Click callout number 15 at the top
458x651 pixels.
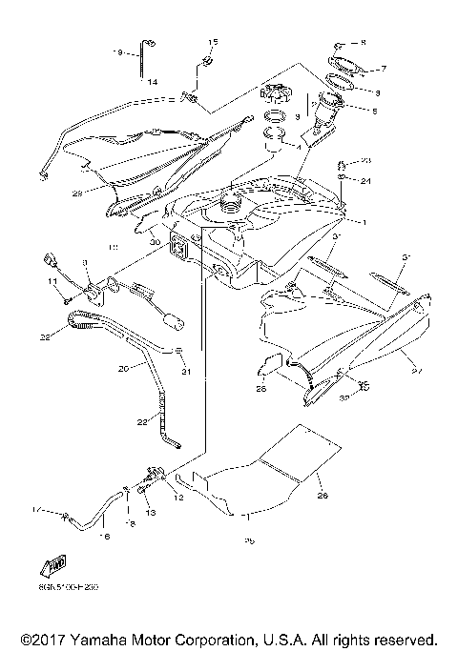pyautogui.click(x=213, y=42)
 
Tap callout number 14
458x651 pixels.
pyautogui.click(x=152, y=82)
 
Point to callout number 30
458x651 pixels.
pyautogui.click(x=154, y=242)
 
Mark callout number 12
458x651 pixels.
pyautogui.click(x=178, y=496)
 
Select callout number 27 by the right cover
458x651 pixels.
pyautogui.click(x=412, y=361)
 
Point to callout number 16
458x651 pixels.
pyautogui.click(x=105, y=537)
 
